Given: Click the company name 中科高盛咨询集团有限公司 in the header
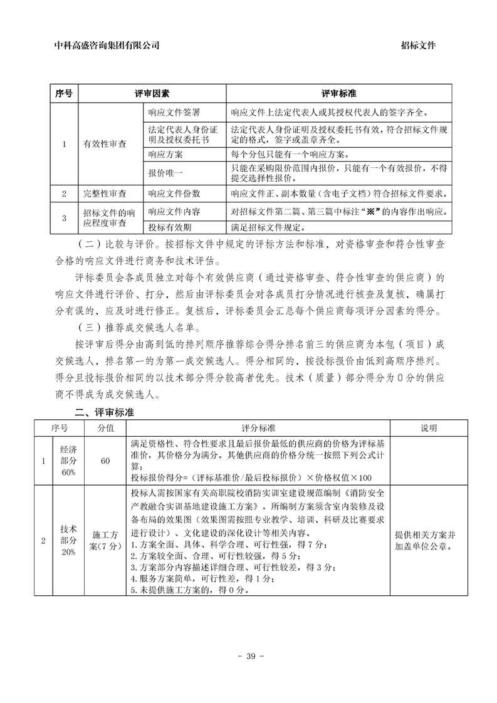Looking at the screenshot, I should tap(107, 45).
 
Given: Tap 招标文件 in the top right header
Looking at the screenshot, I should tap(418, 45).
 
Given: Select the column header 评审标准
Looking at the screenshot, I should tap(339, 93).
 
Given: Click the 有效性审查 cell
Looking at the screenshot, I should tap(105, 143).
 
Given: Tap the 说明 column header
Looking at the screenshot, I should tap(429, 428).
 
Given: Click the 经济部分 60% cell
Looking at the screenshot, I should tap(68, 461).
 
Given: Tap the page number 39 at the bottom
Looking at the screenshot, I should tap(249, 657).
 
